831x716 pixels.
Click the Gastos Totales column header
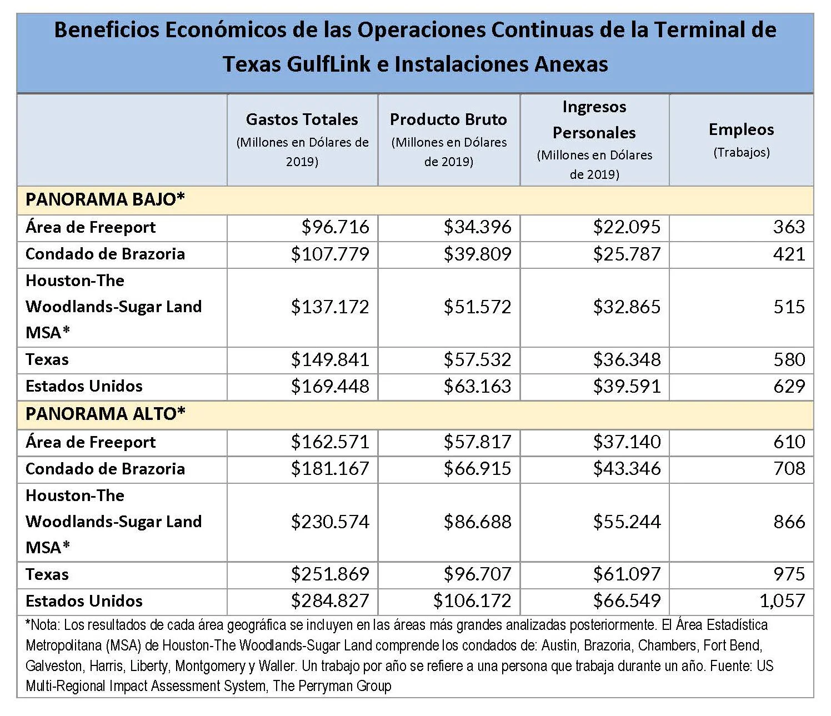[x=302, y=119]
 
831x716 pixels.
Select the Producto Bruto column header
[x=448, y=119]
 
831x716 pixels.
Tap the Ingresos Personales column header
[x=594, y=119]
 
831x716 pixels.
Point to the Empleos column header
[x=742, y=129]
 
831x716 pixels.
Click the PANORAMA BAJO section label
[x=105, y=199]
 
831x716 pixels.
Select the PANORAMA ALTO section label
[x=106, y=414]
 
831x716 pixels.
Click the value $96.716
[x=336, y=227]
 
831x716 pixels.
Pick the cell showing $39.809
[x=477, y=254]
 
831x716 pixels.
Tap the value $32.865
[x=627, y=307]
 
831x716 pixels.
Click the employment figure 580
[x=789, y=359]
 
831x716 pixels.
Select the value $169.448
[x=330, y=387]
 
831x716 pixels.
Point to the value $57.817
[x=477, y=442]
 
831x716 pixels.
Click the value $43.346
[x=627, y=468]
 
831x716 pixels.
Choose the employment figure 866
[x=789, y=522]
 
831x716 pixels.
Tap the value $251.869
[x=330, y=574]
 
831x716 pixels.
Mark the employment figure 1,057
[x=782, y=601]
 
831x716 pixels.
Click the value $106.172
[x=472, y=601]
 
